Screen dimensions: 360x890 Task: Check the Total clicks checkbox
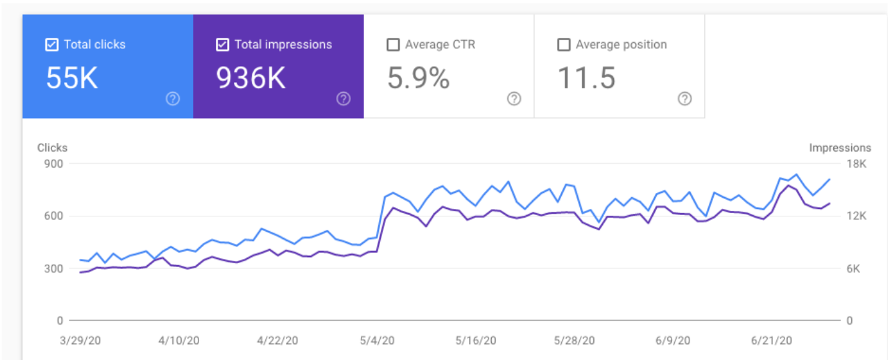pos(51,45)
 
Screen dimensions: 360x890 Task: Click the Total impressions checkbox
pos(222,45)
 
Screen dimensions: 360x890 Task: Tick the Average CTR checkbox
pos(393,45)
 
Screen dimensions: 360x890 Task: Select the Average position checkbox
pos(564,45)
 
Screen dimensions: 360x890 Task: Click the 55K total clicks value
pos(71,78)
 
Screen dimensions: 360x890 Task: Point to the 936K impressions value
pos(251,78)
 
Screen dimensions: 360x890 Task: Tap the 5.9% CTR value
pos(418,78)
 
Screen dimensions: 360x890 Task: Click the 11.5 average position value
pos(586,78)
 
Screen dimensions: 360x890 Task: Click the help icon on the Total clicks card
pos(172,99)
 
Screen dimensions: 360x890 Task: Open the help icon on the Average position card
pos(684,99)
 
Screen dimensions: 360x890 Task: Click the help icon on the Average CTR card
pos(514,99)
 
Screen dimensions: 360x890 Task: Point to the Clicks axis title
pos(52,148)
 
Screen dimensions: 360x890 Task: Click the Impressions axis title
pos(840,148)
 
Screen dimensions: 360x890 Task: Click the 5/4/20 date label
pos(378,340)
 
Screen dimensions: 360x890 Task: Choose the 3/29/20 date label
pos(78,340)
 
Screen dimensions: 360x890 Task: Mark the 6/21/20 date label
pos(772,340)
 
